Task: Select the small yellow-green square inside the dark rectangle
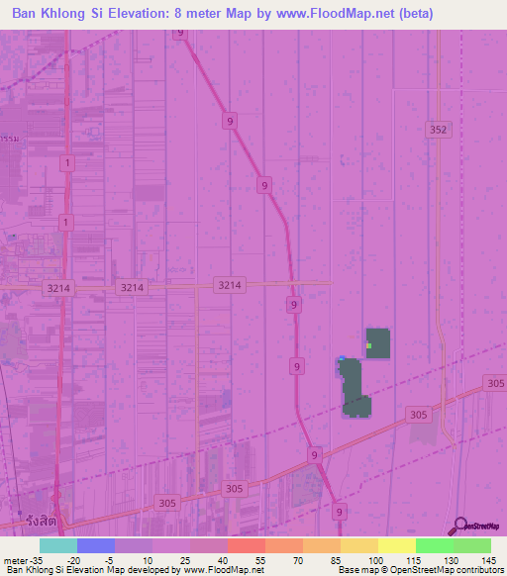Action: pos(368,345)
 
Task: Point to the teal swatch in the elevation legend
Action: pos(58,545)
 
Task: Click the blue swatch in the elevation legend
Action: pos(96,545)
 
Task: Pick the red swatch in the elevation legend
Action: pos(247,545)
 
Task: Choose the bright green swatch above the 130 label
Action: pos(435,545)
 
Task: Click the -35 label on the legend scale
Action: pos(27,560)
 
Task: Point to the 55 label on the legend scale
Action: pos(259,560)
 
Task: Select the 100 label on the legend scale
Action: pos(375,560)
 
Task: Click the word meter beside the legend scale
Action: pos(11,560)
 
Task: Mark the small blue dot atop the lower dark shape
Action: pos(342,359)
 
